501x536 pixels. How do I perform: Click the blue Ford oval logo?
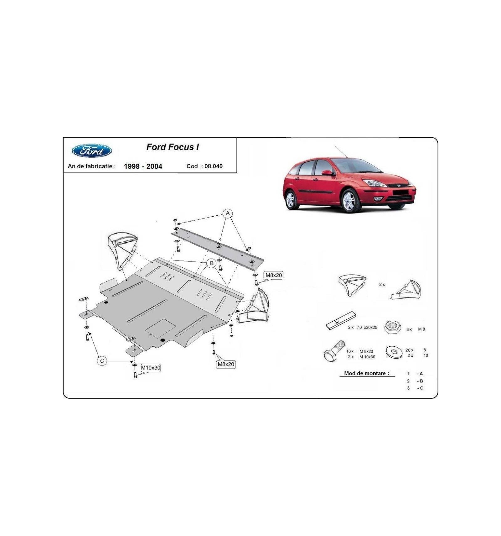(92, 151)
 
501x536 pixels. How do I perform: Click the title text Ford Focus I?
(173, 147)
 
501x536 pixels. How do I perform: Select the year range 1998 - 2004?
(143, 166)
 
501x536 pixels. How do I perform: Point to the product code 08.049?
(214, 166)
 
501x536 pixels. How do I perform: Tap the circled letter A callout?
(228, 213)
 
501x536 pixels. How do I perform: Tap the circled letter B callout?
(212, 263)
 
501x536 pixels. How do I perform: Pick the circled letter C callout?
(102, 361)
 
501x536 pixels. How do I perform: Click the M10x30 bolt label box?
(151, 368)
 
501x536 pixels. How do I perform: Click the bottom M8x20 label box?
(226, 364)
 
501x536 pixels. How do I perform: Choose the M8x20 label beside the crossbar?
(274, 275)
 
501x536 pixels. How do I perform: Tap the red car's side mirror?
(328, 173)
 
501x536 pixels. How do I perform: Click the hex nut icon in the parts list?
(393, 327)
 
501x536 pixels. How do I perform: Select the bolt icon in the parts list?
(334, 351)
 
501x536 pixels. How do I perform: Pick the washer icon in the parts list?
(394, 352)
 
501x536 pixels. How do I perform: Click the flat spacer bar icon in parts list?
(341, 320)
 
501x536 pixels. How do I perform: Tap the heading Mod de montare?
(367, 373)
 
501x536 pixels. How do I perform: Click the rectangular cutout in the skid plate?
(161, 328)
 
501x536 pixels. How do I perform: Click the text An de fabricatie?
(91, 166)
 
